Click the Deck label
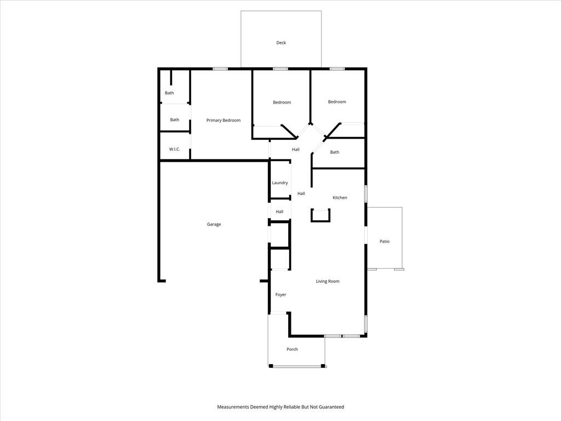pyautogui.click(x=281, y=43)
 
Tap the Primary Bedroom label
pyautogui.click(x=224, y=120)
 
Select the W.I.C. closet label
pyautogui.click(x=175, y=149)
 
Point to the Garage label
pyautogui.click(x=214, y=224)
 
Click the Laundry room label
pyautogui.click(x=280, y=183)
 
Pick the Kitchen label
pyautogui.click(x=340, y=197)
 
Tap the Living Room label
pyautogui.click(x=328, y=281)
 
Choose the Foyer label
pyautogui.click(x=281, y=294)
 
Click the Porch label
pyautogui.click(x=292, y=349)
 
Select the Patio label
pyautogui.click(x=385, y=242)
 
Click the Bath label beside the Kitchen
pyautogui.click(x=335, y=152)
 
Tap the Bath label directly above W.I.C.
pyautogui.click(x=175, y=120)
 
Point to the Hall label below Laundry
pyautogui.click(x=279, y=212)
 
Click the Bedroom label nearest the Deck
pyautogui.click(x=282, y=103)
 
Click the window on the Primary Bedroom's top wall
pyautogui.click(x=220, y=69)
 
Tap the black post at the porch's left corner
pyautogui.click(x=271, y=366)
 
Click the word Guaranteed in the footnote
pyautogui.click(x=333, y=407)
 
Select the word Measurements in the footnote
pyautogui.click(x=233, y=407)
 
